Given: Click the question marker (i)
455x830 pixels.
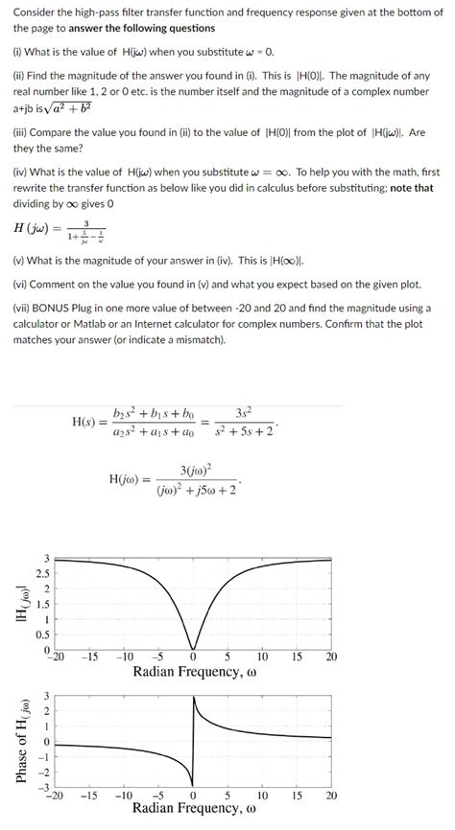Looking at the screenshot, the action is pos(18,50).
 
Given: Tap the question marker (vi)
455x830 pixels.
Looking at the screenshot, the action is pos(20,286).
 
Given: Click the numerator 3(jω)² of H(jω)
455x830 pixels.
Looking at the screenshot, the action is pos(196,470).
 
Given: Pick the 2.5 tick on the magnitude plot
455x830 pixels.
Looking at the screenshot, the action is pos(39,573).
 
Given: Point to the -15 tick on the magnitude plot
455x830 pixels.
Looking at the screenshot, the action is pos(88,657).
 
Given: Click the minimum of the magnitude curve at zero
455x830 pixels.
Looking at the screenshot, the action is pos(193,648).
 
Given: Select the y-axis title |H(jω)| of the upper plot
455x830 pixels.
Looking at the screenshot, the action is pos(14,603).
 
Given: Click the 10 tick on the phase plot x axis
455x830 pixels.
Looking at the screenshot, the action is pos(262,796).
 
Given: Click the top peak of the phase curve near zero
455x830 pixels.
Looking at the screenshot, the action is pos(194,698).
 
